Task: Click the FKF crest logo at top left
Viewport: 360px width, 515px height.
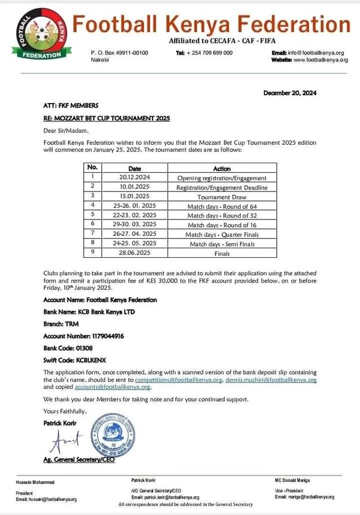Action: click(x=34, y=34)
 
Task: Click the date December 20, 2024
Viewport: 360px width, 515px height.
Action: click(x=290, y=93)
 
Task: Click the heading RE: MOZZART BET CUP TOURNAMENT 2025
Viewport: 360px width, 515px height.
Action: click(x=106, y=118)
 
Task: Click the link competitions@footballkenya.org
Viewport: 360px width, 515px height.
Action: click(x=179, y=380)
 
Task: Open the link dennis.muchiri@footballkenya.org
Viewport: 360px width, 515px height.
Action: click(x=271, y=380)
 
